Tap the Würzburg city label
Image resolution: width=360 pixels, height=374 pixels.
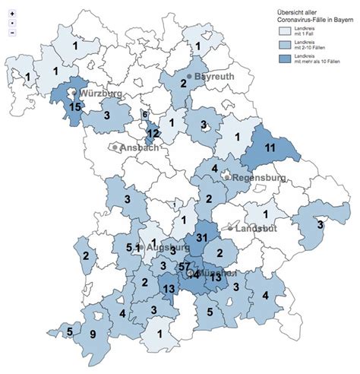pyautogui.click(x=100, y=93)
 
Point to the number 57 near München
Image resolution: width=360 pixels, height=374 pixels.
pyautogui.click(x=185, y=266)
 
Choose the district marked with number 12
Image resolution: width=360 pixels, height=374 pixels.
pyautogui.click(x=153, y=133)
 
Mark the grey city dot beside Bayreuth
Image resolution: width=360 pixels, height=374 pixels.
pyautogui.click(x=189, y=77)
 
